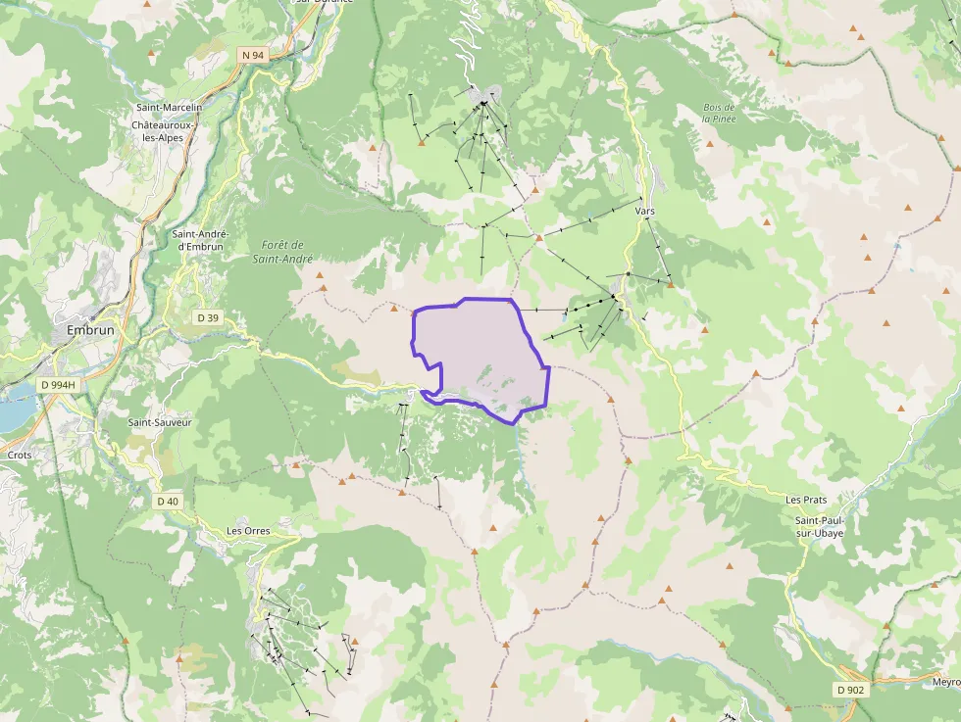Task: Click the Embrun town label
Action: coord(90,330)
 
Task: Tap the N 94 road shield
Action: coord(253,56)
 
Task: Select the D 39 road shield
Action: coord(208,317)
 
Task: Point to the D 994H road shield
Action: coord(58,385)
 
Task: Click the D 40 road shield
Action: coord(168,502)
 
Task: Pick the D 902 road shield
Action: coord(850,690)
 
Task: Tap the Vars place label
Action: coord(644,211)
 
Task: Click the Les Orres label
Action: coord(248,531)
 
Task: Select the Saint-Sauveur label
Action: coord(160,422)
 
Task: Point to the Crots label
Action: coord(20,455)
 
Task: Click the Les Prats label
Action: coord(806,500)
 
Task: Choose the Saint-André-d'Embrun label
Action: coord(200,240)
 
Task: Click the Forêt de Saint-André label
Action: coord(283,252)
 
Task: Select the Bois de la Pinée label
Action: coord(719,113)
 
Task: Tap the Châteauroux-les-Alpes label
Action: coord(164,131)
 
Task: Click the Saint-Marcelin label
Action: coord(169,107)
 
